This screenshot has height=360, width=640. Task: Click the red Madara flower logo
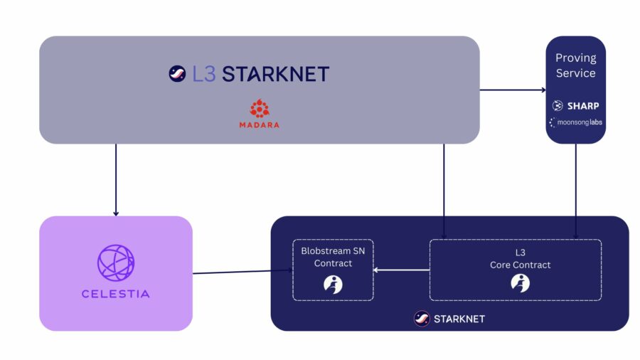pos(259,109)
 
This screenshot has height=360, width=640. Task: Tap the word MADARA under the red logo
pos(259,125)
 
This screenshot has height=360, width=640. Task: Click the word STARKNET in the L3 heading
pos(276,73)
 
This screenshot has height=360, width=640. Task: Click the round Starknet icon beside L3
pos(177,73)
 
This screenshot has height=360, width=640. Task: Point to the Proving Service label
pos(575,65)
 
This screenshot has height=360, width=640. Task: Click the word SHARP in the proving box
pos(582,106)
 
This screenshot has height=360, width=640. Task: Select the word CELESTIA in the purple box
pos(116,293)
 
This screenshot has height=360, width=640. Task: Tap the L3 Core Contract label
pos(520,259)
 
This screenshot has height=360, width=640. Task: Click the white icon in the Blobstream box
pos(333,284)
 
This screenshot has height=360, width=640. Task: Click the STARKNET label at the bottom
pos(459,319)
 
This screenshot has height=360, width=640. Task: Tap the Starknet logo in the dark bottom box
pos(422,319)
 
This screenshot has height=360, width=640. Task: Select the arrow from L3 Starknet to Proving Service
pos(512,90)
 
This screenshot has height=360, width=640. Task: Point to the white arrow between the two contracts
pos(402,270)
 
